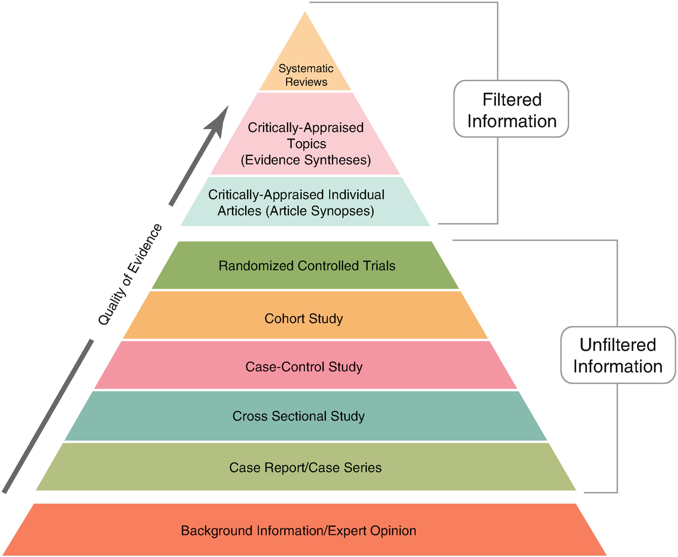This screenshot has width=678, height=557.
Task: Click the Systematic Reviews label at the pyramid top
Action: (x=306, y=75)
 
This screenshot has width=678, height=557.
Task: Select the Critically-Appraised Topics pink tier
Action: (x=305, y=134)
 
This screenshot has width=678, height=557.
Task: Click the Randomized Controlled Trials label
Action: (x=307, y=266)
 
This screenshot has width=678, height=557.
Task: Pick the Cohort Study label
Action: (x=304, y=319)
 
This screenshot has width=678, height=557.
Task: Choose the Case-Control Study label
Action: (x=304, y=367)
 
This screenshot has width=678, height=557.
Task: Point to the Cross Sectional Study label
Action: (x=298, y=416)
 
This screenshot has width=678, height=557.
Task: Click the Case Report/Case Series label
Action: (x=305, y=468)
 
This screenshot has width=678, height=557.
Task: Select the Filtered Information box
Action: (x=511, y=109)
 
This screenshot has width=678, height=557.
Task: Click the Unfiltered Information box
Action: (x=618, y=355)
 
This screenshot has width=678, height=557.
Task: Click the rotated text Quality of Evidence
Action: (x=130, y=274)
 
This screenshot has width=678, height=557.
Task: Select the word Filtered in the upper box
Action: (x=512, y=99)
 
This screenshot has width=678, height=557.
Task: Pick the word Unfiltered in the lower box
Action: (x=618, y=345)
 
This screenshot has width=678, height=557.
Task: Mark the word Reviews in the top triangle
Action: (x=306, y=82)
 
